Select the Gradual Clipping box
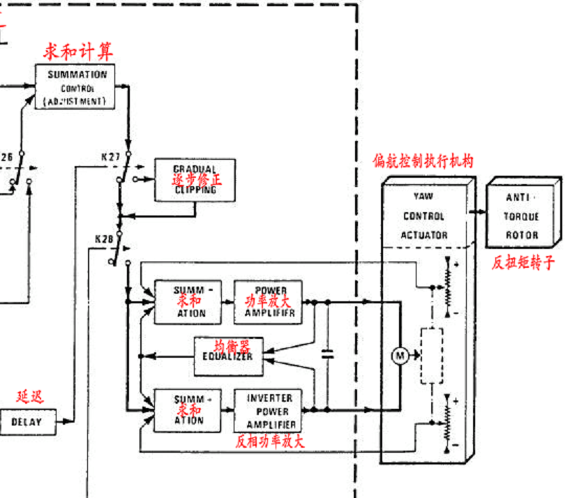click(x=195, y=180)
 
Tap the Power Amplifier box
click(x=269, y=301)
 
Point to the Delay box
click(x=27, y=421)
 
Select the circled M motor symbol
click(x=400, y=356)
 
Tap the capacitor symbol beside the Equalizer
click(x=326, y=355)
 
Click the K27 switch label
click(x=110, y=158)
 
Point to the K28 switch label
click(x=104, y=239)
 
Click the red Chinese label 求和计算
click(x=77, y=51)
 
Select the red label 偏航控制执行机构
click(x=423, y=161)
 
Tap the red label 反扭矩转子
click(x=523, y=263)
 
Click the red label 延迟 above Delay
click(x=29, y=397)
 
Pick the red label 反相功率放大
click(x=269, y=442)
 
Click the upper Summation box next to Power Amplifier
click(x=189, y=301)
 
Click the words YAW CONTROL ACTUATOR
click(x=423, y=216)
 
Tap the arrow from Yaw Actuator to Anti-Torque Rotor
click(x=479, y=211)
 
